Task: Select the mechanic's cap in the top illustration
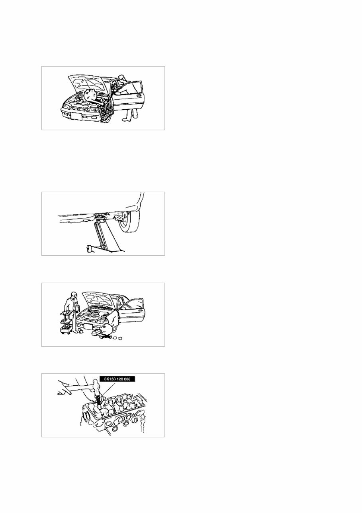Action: [x=121, y=77]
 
